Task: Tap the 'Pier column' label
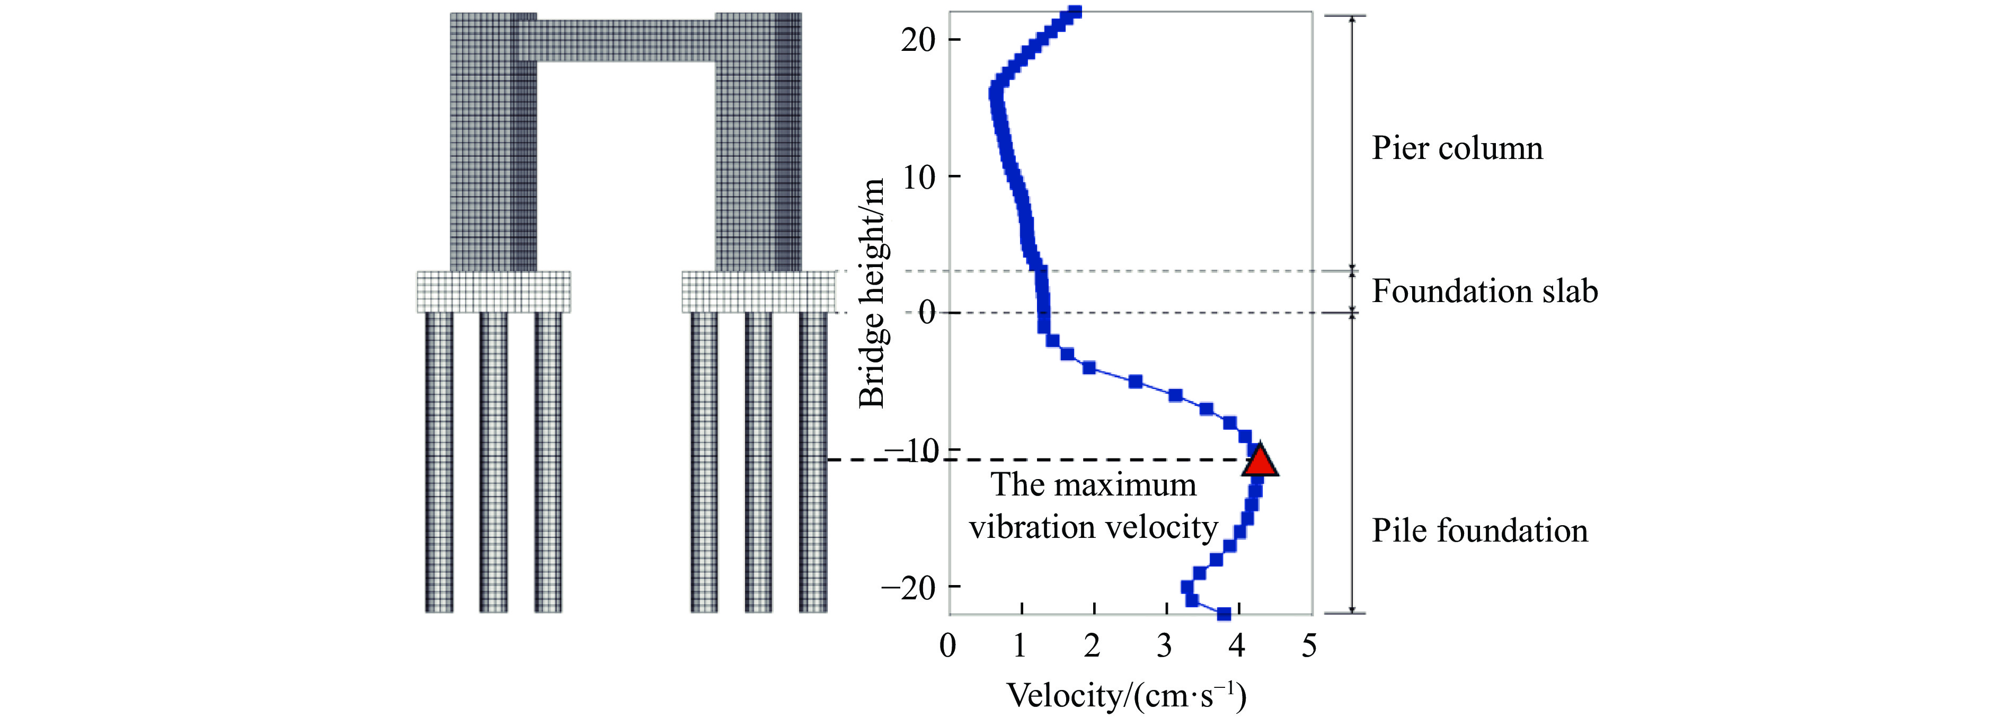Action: [x=1456, y=148]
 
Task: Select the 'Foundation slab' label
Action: [x=1484, y=291]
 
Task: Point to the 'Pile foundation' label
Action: [x=1479, y=530]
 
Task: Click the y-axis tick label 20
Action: [x=918, y=40]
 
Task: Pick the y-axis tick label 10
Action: [x=918, y=178]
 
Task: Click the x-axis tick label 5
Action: [x=1309, y=645]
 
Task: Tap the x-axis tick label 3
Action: [x=1164, y=645]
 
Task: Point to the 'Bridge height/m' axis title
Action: [x=872, y=293]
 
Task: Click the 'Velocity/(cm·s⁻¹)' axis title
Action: [x=1127, y=695]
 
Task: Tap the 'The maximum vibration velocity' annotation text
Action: [x=1093, y=506]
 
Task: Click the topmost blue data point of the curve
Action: [x=1075, y=12]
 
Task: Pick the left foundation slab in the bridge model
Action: [x=493, y=291]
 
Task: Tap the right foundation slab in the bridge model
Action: [x=758, y=291]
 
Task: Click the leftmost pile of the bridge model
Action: [x=439, y=462]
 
